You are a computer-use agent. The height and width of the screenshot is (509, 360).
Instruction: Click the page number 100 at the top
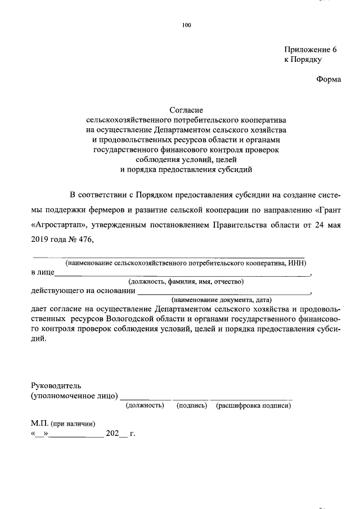tap(187, 25)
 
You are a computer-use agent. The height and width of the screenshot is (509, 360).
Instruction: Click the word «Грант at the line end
tap(327, 210)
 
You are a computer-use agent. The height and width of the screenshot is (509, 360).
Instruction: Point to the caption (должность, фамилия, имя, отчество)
tap(186, 281)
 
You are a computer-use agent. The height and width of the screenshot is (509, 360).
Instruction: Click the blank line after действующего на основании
tap(223, 293)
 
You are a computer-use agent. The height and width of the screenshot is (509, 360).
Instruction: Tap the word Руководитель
tap(56, 386)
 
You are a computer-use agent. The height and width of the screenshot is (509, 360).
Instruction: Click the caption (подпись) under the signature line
tap(192, 405)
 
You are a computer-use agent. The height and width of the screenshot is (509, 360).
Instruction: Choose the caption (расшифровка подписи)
tap(253, 405)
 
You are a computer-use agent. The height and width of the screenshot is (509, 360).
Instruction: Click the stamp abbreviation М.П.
tap(39, 424)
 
